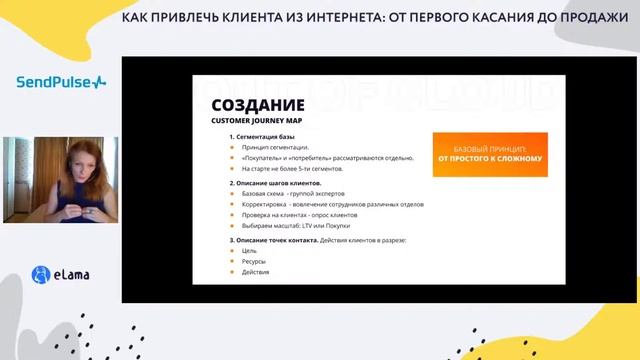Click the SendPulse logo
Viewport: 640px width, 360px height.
[60, 81]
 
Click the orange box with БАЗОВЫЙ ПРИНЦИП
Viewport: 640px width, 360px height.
[490, 152]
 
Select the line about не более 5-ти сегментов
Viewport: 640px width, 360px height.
[286, 170]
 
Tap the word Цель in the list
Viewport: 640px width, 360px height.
[248, 250]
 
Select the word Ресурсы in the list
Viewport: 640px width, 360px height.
[253, 261]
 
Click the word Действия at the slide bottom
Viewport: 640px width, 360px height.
[255, 272]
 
